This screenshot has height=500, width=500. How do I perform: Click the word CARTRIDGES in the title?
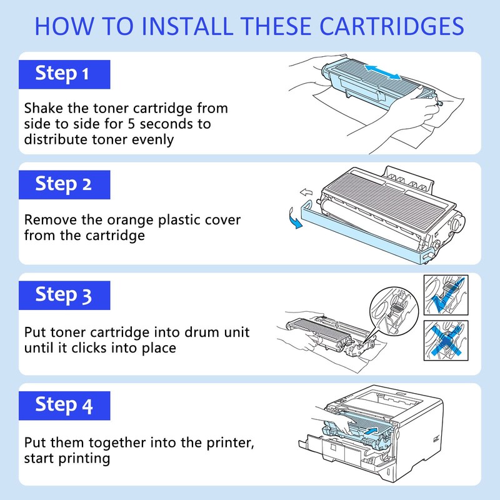[x=392, y=26]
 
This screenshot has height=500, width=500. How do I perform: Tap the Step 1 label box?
[x=64, y=74]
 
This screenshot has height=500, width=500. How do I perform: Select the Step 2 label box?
[x=64, y=184]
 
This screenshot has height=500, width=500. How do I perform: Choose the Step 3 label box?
[x=64, y=295]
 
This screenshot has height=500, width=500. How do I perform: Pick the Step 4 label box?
[x=64, y=406]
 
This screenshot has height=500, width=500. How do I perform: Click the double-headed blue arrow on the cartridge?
[x=382, y=72]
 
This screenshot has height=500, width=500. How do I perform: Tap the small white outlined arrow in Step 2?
[x=306, y=192]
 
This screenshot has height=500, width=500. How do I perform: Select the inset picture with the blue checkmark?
[x=446, y=295]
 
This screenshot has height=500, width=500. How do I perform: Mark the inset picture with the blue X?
[x=446, y=341]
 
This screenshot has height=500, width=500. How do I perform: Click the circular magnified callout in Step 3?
[x=394, y=311]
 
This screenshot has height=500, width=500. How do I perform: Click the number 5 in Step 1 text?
[x=131, y=124]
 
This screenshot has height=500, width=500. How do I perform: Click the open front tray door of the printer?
[x=332, y=449]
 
